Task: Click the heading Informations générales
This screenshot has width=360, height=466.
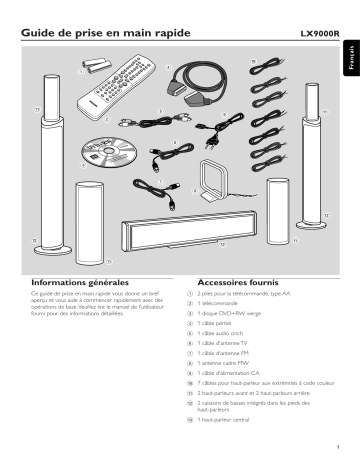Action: click(75, 282)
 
